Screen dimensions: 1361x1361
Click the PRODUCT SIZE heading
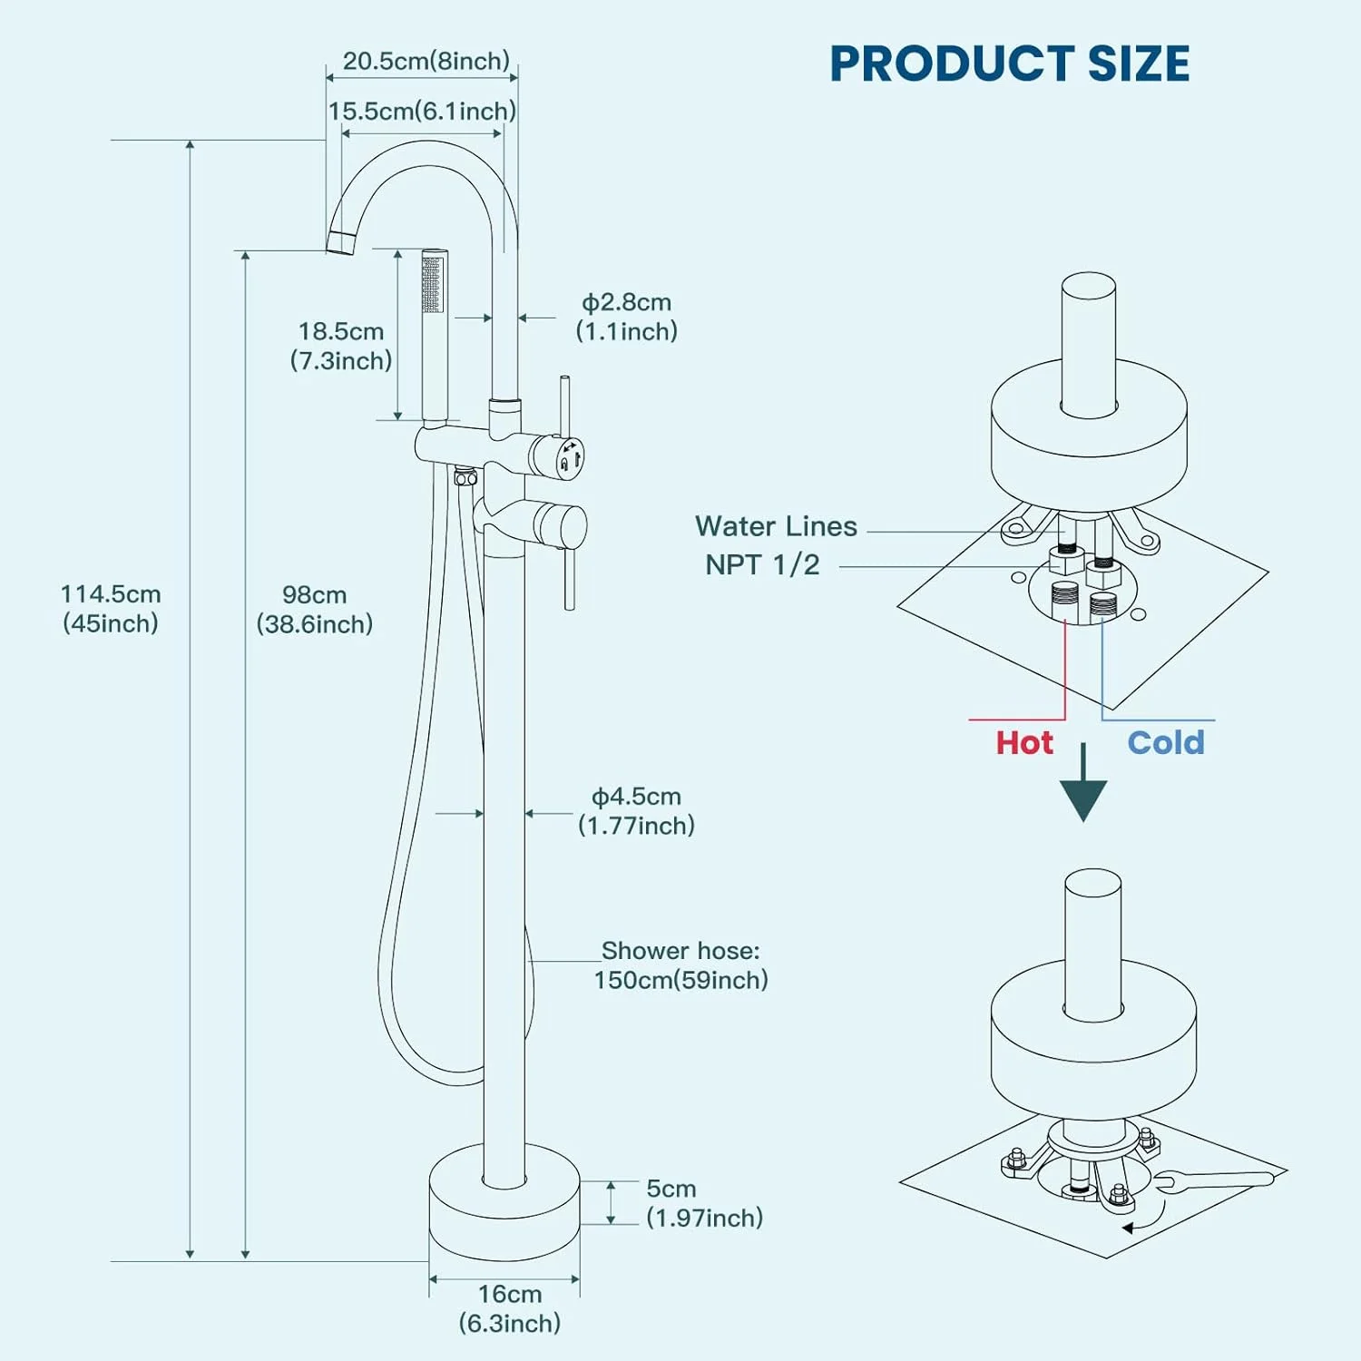pyautogui.click(x=1009, y=64)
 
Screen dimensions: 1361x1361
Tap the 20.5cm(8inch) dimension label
pyautogui.click(x=426, y=61)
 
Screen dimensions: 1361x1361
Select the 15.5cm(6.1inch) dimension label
pyautogui.click(x=422, y=111)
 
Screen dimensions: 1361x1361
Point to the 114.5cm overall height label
pyautogui.click(x=111, y=608)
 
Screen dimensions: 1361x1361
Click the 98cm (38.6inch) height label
pyautogui.click(x=314, y=609)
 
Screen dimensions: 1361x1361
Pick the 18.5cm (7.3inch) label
pyautogui.click(x=341, y=346)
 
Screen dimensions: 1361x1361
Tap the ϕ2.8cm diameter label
pyautogui.click(x=627, y=317)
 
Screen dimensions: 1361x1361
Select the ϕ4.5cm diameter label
pyautogui.click(x=637, y=810)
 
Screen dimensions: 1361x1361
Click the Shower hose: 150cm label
pyautogui.click(x=680, y=964)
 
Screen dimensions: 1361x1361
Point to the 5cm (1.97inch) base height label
pyautogui.click(x=704, y=1203)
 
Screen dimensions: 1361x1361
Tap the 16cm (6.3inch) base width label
pyautogui.click(x=509, y=1307)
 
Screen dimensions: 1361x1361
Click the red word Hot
pyautogui.click(x=1024, y=743)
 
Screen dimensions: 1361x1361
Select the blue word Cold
pyautogui.click(x=1166, y=743)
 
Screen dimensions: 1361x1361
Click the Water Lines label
pyautogui.click(x=776, y=526)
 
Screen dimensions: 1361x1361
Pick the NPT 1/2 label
pyautogui.click(x=762, y=564)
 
